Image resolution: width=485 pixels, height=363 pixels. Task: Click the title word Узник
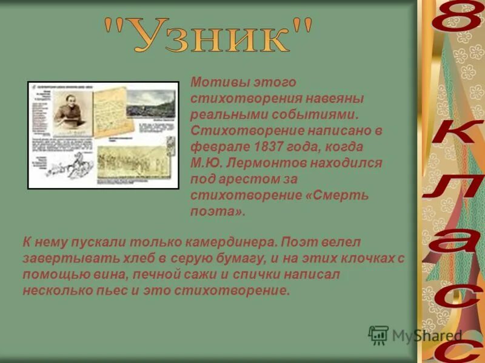209,38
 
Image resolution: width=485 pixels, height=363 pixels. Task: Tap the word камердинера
226,242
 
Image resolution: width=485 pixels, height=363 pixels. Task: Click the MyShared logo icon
378,335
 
